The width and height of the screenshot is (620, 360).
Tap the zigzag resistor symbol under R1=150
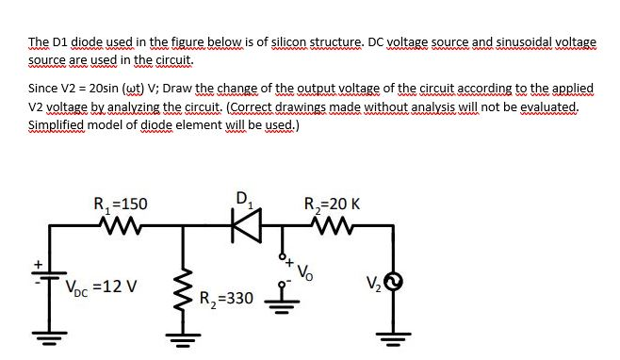point(119,225)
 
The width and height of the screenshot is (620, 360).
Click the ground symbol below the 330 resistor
point(180,337)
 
